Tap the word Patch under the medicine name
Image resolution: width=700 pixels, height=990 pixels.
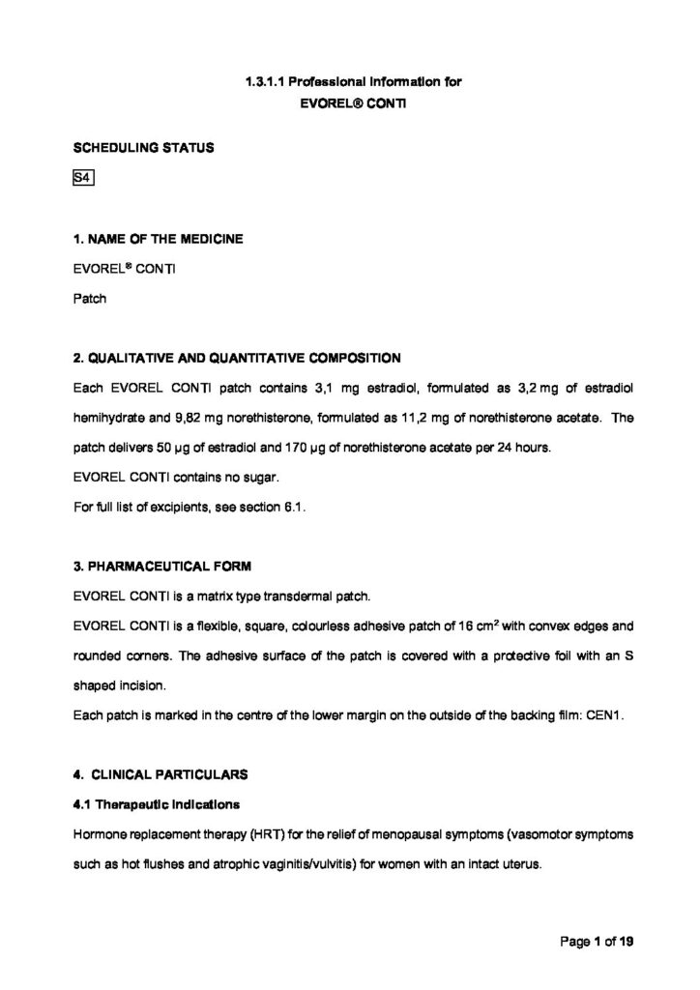[89, 299]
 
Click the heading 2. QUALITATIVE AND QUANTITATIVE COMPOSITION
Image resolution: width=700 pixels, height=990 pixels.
[236, 358]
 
